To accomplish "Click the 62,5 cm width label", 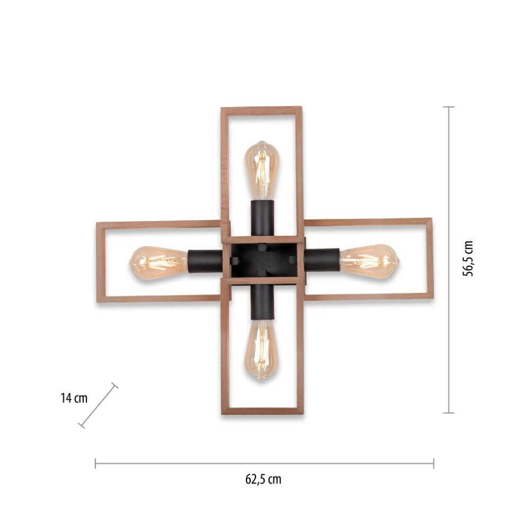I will [263, 480].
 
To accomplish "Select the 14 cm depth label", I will [74, 398].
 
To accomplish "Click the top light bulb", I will [262, 169].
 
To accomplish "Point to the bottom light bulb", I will [262, 349].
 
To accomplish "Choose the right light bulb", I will [370, 260].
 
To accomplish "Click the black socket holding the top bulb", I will [262, 218].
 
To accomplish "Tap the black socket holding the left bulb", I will [205, 261].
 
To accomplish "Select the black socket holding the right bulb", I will [321, 260].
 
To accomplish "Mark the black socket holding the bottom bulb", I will [262, 301].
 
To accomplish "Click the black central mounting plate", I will [262, 260].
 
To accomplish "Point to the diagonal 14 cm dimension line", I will [98, 405].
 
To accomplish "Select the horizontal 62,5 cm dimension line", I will [264, 463].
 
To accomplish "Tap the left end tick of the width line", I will [95, 463].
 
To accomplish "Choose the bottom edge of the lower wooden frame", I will [262, 411].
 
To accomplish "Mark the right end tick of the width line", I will [434, 463].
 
